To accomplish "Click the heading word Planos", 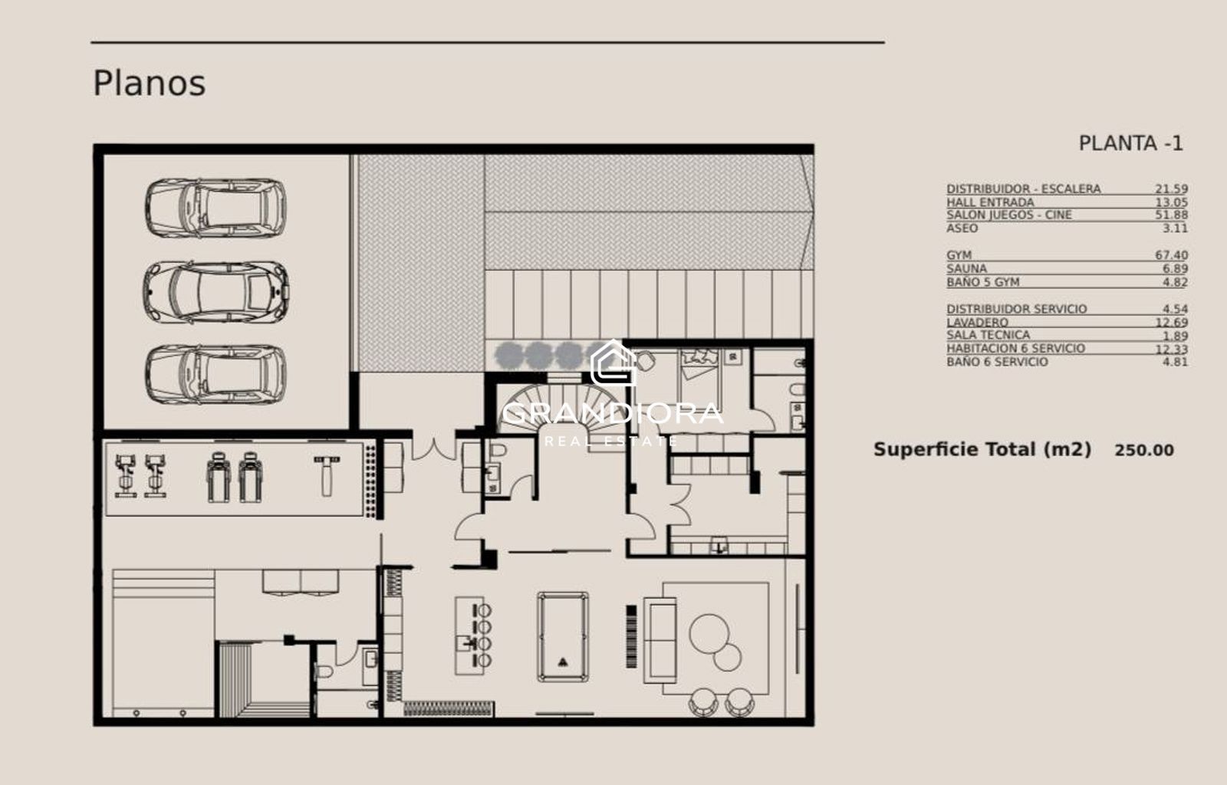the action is pyautogui.click(x=149, y=84).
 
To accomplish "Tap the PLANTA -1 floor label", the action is pyautogui.click(x=1130, y=143).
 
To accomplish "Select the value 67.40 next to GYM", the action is pyautogui.click(x=1171, y=255).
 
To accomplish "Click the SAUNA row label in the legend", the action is pyautogui.click(x=966, y=269).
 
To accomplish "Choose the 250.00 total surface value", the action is pyautogui.click(x=1144, y=451).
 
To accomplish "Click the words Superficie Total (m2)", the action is pyautogui.click(x=982, y=450).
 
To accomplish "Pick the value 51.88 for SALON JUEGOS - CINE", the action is pyautogui.click(x=1171, y=215).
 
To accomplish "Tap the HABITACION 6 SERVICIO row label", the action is pyautogui.click(x=1015, y=348).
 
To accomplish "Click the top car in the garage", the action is pyautogui.click(x=215, y=208).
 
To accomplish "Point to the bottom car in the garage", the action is pyautogui.click(x=215, y=374).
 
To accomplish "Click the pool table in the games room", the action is pyautogui.click(x=563, y=636).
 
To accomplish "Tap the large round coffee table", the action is pyautogui.click(x=709, y=633).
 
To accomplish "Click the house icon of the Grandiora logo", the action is pyautogui.click(x=613, y=363).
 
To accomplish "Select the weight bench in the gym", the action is pyautogui.click(x=327, y=476).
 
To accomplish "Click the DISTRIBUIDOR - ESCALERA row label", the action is pyautogui.click(x=1023, y=189).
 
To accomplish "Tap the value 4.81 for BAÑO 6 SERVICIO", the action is pyautogui.click(x=1175, y=362).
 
